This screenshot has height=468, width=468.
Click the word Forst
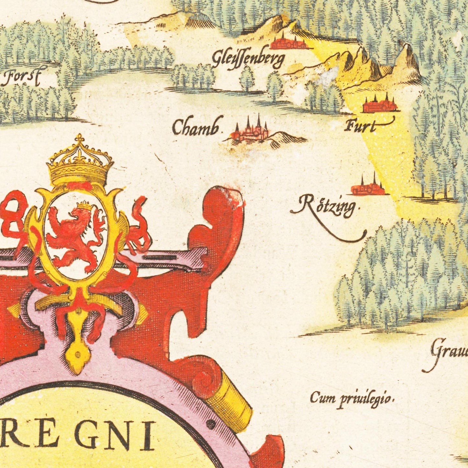click(22, 77)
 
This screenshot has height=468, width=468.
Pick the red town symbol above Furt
click(380, 105)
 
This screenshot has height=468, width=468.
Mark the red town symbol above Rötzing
click(369, 188)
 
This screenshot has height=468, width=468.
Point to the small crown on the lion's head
click(85, 206)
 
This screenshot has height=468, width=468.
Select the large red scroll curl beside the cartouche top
click(223, 223)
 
